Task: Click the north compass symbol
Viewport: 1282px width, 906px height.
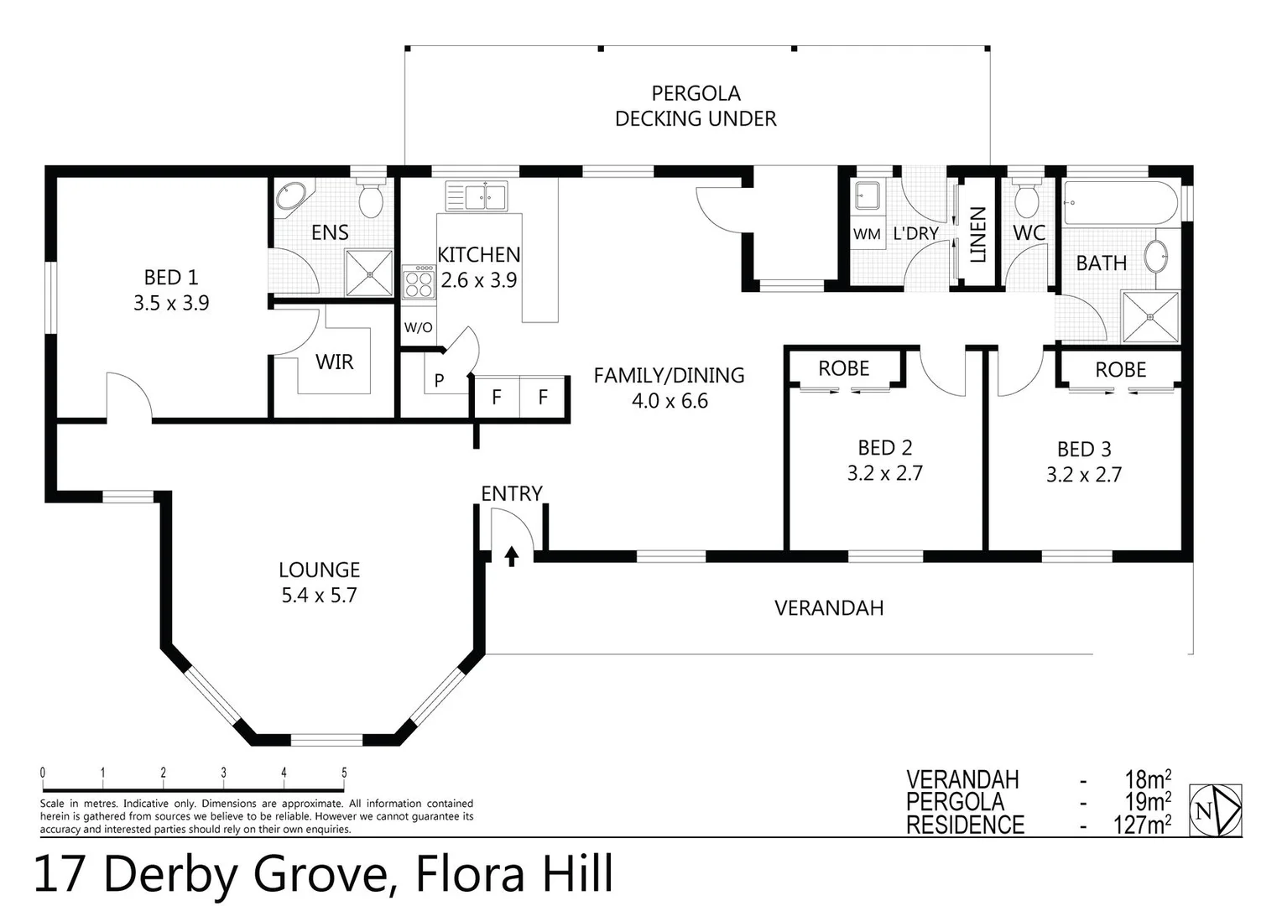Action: pyautogui.click(x=1216, y=810)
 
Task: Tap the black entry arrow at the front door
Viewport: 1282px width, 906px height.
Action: pyautogui.click(x=511, y=556)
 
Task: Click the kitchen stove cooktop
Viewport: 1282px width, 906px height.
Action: pyautogui.click(x=417, y=281)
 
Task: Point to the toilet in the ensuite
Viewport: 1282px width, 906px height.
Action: pyautogui.click(x=370, y=199)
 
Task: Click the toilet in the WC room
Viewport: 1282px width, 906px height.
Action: pyautogui.click(x=1026, y=199)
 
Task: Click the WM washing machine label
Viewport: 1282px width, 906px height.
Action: pyautogui.click(x=867, y=234)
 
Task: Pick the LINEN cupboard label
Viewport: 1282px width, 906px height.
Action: pyautogui.click(x=977, y=235)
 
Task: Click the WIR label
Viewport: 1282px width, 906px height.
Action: pyautogui.click(x=334, y=362)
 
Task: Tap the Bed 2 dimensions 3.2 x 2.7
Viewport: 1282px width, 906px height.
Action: pyautogui.click(x=884, y=474)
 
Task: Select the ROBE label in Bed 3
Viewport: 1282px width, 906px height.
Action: pyautogui.click(x=1120, y=370)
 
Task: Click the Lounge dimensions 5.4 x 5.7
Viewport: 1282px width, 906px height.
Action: pyautogui.click(x=319, y=596)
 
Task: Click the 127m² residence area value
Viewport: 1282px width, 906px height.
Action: pyautogui.click(x=1141, y=825)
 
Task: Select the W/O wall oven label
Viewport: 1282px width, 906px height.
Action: pyautogui.click(x=418, y=328)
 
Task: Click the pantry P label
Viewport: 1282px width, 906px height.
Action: pyautogui.click(x=439, y=381)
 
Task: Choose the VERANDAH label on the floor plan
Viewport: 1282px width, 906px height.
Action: pyautogui.click(x=828, y=608)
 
